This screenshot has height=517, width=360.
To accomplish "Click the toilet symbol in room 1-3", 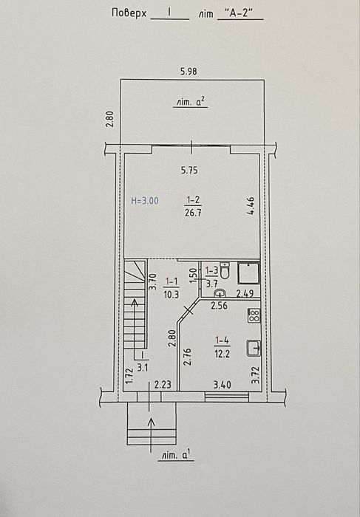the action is pyautogui.click(x=225, y=271).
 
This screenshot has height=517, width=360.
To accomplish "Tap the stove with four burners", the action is pyautogui.click(x=254, y=315).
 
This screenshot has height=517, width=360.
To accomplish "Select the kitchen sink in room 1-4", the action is pyautogui.click(x=254, y=348).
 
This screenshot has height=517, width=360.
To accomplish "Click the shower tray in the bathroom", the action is pyautogui.click(x=249, y=273).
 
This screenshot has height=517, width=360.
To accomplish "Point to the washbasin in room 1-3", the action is pyautogui.click(x=220, y=292).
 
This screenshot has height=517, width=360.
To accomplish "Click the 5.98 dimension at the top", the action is pyautogui.click(x=189, y=71).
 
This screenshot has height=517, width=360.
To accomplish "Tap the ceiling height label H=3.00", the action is pyautogui.click(x=145, y=200).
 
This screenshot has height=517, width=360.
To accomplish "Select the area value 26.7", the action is pyautogui.click(x=194, y=213).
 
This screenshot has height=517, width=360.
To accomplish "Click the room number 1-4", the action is pyautogui.click(x=222, y=340).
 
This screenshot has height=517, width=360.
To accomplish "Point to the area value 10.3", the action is pyautogui.click(x=171, y=294).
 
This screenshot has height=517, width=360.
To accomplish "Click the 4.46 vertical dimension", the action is pyautogui.click(x=251, y=206).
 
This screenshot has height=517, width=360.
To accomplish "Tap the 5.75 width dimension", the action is pyautogui.click(x=189, y=170).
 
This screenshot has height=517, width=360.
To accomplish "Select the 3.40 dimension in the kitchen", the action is pyautogui.click(x=222, y=385).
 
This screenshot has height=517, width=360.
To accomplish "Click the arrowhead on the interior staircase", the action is pyautogui.click(x=135, y=302).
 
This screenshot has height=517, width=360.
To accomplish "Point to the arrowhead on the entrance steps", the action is pyautogui.click(x=151, y=422).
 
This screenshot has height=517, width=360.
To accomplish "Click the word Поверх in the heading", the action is pyautogui.click(x=129, y=13).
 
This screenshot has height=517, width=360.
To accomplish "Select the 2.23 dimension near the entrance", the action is pyautogui.click(x=163, y=385).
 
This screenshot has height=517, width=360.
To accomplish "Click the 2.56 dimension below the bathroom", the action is pyautogui.click(x=219, y=305).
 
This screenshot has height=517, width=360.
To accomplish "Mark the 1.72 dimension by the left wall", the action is pyautogui.click(x=129, y=376).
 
